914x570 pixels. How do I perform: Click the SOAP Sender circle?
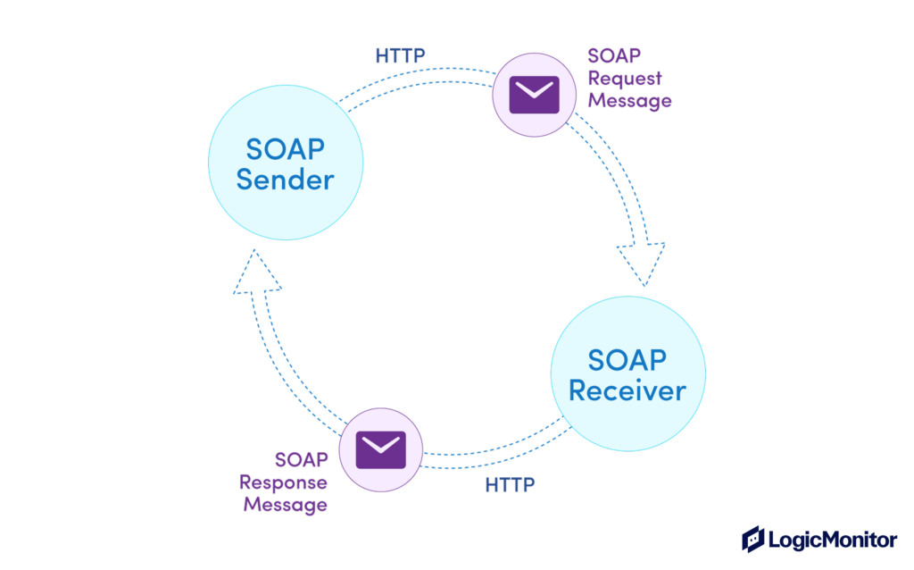tap(286, 162)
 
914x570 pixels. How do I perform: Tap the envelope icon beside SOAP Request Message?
tap(534, 94)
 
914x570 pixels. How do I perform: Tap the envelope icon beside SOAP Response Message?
tap(380, 448)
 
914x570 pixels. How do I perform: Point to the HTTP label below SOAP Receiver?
tap(510, 485)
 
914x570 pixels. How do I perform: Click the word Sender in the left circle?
tap(286, 179)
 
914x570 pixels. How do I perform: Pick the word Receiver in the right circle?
tap(627, 390)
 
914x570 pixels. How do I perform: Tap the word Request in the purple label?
tap(625, 78)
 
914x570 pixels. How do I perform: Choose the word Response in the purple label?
tap(283, 482)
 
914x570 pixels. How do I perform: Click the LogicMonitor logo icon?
tap(753, 539)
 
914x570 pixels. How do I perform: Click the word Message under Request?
tap(630, 100)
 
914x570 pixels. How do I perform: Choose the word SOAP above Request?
tap(614, 55)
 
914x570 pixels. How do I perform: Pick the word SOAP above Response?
tap(301, 460)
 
